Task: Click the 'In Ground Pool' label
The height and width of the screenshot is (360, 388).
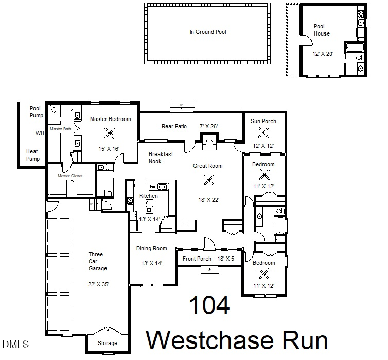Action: pos(208,32)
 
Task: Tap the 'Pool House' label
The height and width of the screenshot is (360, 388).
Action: pos(322,30)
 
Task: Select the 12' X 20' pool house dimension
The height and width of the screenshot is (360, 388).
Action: pos(323,53)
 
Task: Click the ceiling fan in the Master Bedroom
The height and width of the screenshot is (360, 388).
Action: pos(110,133)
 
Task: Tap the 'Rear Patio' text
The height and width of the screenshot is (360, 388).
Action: pos(174,126)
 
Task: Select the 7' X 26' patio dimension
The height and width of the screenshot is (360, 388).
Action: pos(208,126)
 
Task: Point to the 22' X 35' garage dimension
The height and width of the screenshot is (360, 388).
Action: pos(98,284)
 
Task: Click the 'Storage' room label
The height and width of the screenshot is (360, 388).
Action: pos(107,343)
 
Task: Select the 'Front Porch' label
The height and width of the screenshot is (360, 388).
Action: pos(197,259)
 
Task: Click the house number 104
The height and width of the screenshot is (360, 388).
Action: pos(209,306)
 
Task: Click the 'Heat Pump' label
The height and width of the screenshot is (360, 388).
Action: pos(33,155)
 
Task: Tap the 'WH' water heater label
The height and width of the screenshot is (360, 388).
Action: pos(40,133)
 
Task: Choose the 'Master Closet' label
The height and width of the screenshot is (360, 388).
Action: pos(70,176)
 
